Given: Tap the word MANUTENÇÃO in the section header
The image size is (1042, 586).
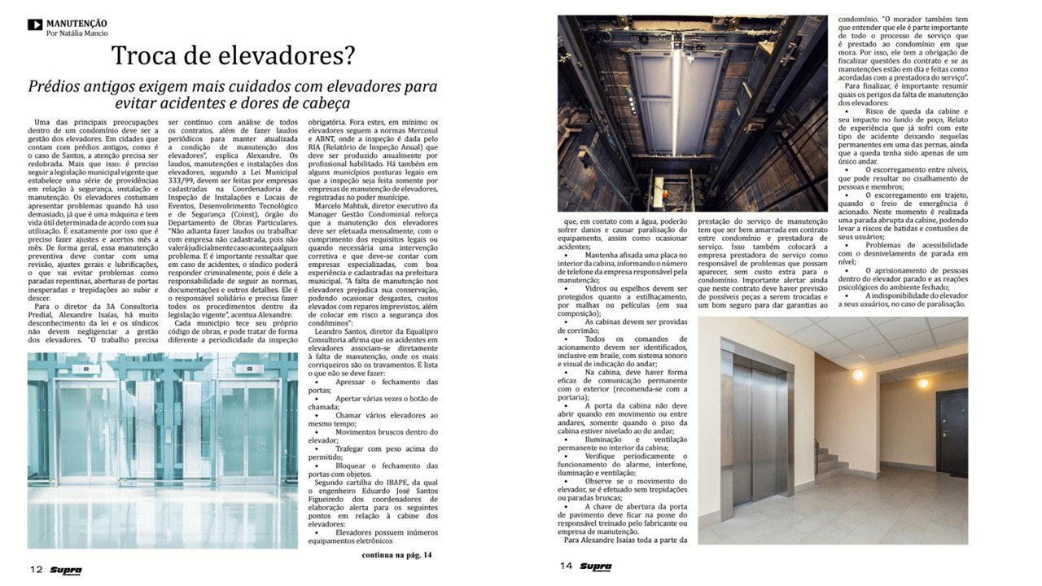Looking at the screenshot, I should (x=77, y=24).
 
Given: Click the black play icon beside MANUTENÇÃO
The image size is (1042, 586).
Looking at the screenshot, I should (x=34, y=24).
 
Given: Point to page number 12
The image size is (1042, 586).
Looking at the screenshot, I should (x=36, y=569).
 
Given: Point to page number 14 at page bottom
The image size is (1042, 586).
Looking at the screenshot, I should (x=566, y=566).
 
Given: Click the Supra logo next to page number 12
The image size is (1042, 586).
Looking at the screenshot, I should (x=64, y=570).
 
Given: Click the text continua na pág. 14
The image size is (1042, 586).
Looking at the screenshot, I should (x=397, y=555).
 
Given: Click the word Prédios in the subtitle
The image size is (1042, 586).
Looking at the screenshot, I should (x=54, y=86).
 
